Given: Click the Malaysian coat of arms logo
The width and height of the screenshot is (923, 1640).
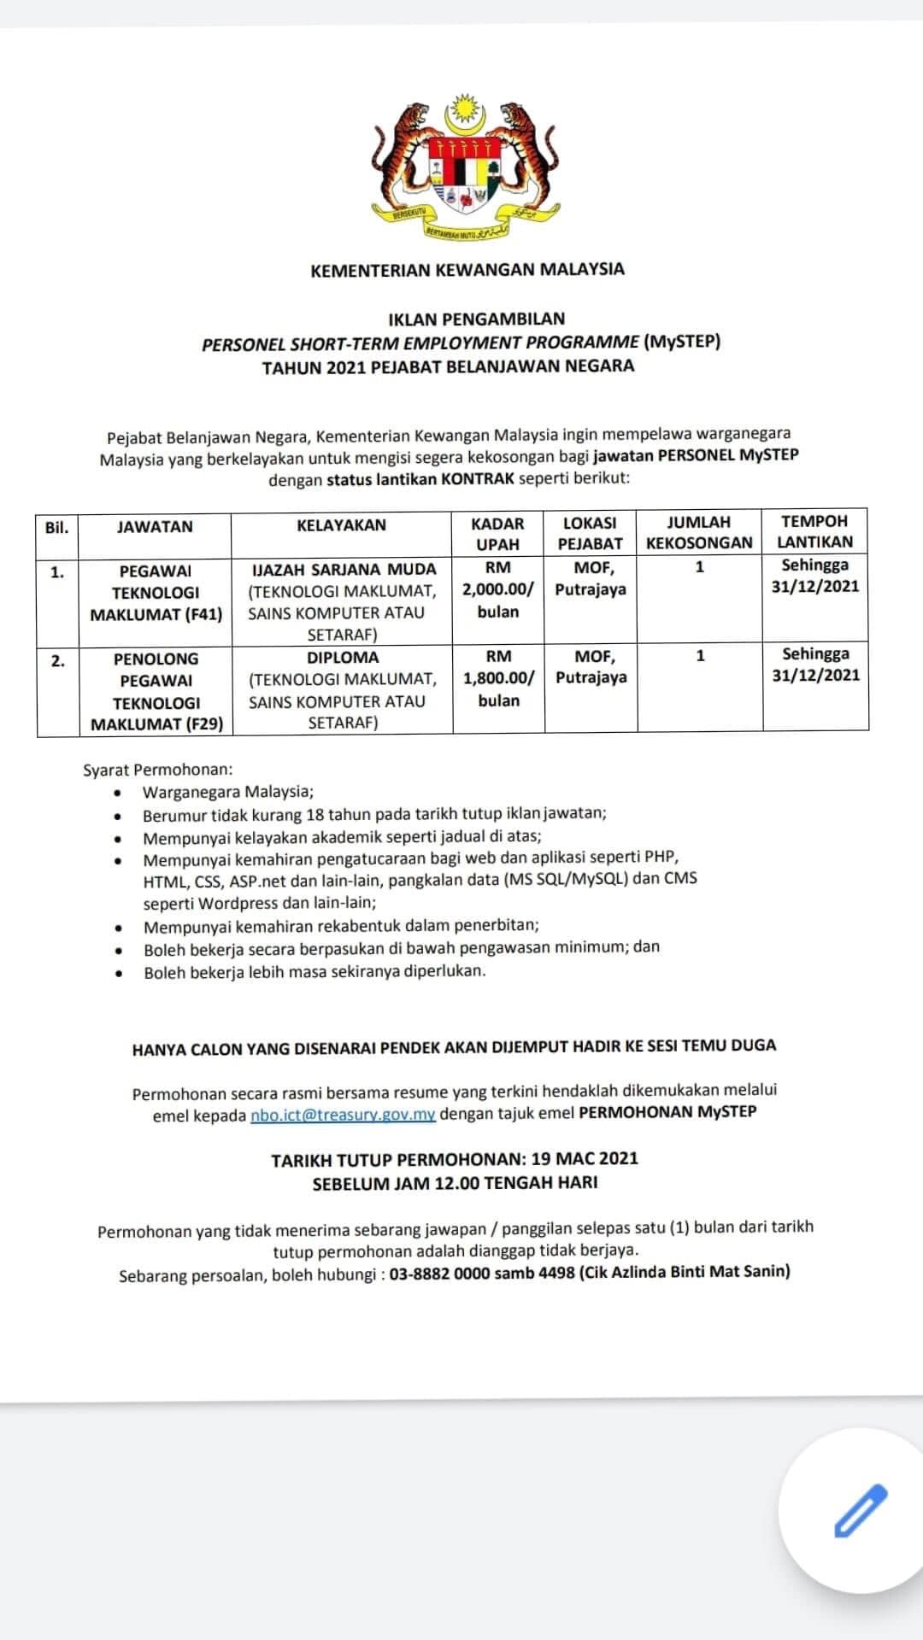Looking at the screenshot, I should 465,167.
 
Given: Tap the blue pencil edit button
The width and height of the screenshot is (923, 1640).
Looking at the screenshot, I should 860,1511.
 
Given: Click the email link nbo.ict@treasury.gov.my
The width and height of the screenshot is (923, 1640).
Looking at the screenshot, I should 343,1115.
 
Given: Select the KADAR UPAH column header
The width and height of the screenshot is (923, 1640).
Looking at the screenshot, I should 497,532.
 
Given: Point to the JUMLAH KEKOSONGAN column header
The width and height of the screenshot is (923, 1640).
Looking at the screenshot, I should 699,532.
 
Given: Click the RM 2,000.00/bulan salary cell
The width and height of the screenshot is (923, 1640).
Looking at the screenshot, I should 498,589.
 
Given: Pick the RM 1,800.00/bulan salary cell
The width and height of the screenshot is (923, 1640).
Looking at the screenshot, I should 498,678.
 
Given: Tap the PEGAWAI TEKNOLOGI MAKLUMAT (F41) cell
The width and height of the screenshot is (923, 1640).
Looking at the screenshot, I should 156,592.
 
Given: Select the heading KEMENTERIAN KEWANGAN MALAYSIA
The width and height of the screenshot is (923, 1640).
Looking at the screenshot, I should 467,270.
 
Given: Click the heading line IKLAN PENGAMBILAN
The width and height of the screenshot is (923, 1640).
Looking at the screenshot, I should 476,319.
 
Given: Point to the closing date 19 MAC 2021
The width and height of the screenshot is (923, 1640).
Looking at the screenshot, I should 585,1159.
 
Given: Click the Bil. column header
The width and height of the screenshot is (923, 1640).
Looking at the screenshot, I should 56,527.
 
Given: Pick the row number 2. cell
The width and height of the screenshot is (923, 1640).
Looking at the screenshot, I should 57,660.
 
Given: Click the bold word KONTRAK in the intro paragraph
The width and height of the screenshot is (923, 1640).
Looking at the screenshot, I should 478,478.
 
